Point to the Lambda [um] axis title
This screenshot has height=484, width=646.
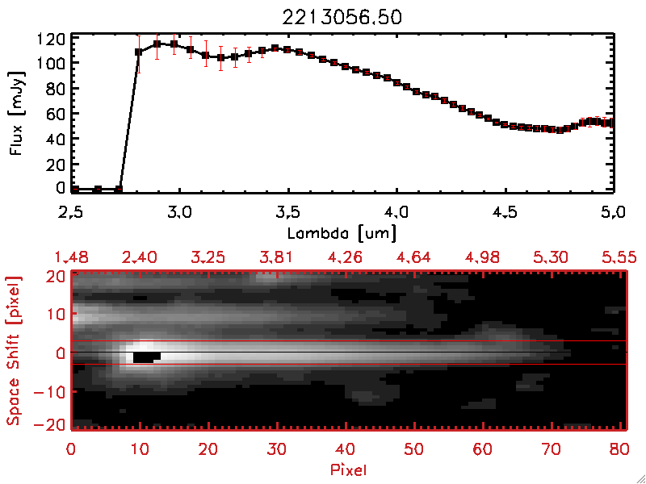[x=343, y=233]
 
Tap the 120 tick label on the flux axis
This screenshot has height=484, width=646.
[x=50, y=39]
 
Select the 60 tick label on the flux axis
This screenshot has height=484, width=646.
[x=54, y=114]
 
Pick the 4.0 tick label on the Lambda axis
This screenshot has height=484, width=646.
[x=396, y=215]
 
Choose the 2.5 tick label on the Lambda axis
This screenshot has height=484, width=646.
[x=72, y=215]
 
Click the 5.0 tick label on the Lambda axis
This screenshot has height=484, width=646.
[x=614, y=215]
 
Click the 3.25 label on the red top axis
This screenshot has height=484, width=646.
[x=208, y=257]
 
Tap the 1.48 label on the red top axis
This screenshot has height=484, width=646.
[x=72, y=257]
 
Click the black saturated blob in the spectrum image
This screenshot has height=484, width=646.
[x=145, y=356]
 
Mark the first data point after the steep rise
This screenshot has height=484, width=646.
[x=139, y=52]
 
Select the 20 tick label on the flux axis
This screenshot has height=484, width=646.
[x=54, y=164]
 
